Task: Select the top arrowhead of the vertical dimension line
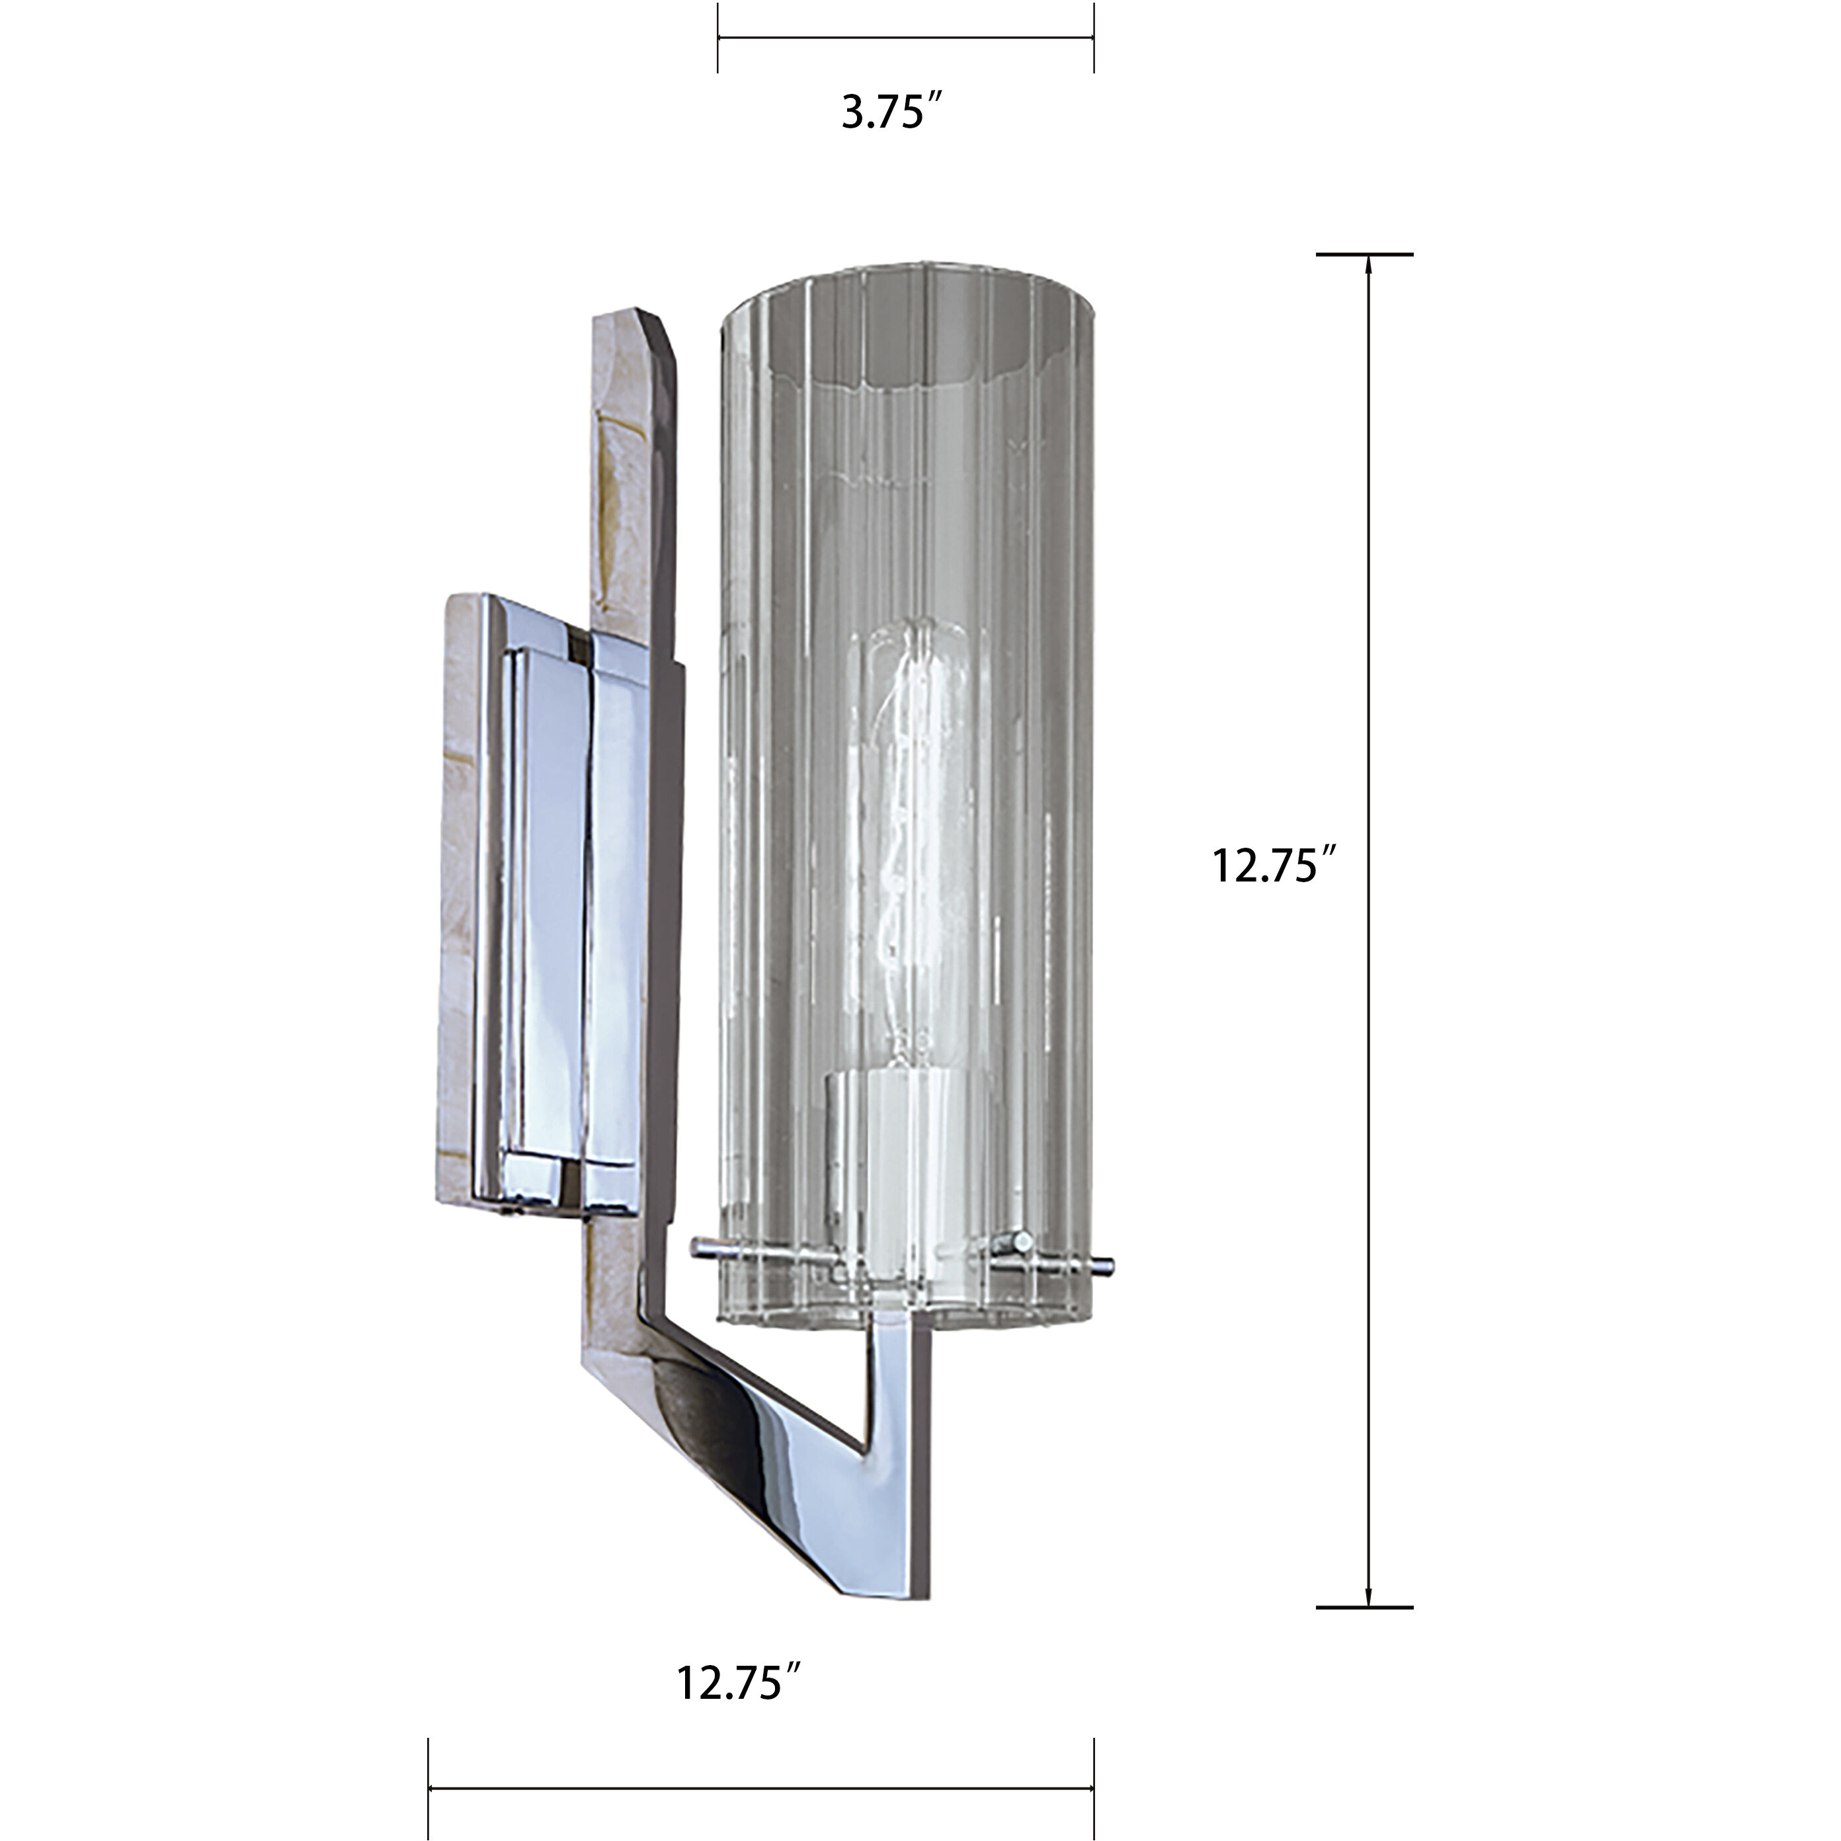[1368, 265]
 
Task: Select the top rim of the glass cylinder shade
[905, 276]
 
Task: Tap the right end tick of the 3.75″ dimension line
[1093, 38]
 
